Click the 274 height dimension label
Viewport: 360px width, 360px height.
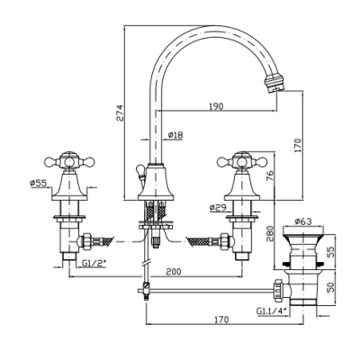point(120,112)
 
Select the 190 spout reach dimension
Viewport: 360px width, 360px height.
point(217,106)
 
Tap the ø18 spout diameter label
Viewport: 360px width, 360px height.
point(175,135)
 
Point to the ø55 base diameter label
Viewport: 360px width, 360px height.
point(39,183)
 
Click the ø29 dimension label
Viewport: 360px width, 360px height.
point(218,207)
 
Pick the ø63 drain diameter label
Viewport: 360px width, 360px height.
point(303,221)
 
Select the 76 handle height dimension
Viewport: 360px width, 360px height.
point(270,175)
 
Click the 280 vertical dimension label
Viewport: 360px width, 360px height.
point(270,233)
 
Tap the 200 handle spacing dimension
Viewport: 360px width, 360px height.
point(174,272)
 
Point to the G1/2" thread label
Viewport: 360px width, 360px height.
point(94,264)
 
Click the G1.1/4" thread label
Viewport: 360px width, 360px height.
point(273,310)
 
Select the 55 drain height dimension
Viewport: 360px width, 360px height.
point(330,251)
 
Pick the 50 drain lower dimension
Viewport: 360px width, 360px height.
point(330,287)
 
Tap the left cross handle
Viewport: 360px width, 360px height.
point(69,162)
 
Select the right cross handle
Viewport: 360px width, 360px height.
point(242,162)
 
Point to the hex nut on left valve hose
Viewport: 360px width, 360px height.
point(85,241)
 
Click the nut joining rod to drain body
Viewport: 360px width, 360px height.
point(277,290)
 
